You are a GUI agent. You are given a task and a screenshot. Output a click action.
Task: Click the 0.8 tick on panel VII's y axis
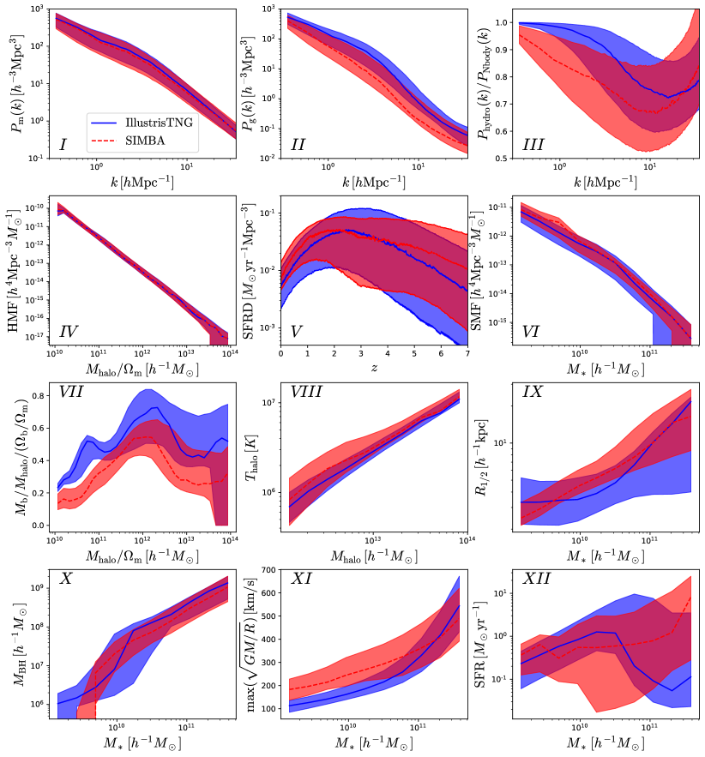pyautogui.click(x=39, y=397)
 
